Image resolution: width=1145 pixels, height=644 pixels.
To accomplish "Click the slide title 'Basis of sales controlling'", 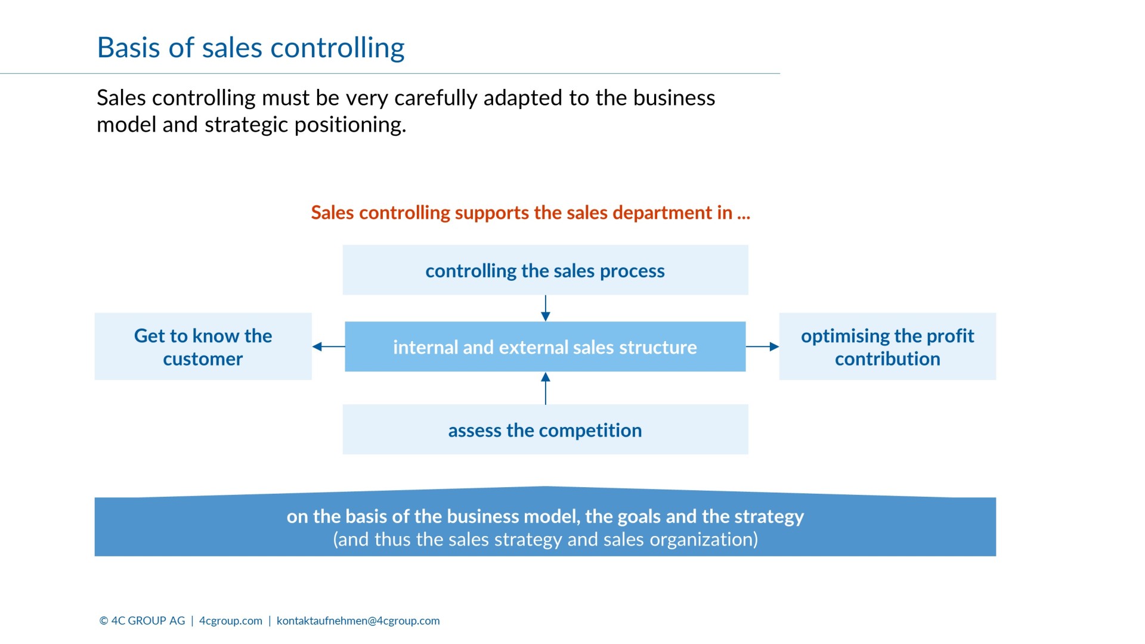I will [250, 48].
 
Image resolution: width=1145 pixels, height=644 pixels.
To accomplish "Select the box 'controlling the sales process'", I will [545, 270].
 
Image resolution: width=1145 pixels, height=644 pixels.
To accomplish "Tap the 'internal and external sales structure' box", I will [545, 347].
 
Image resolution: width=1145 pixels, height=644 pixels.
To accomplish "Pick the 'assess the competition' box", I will [545, 430].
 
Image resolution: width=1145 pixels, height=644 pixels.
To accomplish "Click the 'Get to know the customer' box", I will [203, 347].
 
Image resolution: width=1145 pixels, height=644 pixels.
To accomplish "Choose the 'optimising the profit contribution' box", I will [887, 347].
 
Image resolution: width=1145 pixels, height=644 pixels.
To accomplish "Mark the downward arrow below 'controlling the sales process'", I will [545, 308].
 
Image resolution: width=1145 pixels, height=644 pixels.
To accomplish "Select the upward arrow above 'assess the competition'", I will [545, 388].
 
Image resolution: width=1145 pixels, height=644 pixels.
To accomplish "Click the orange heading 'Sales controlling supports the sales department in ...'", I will [530, 213].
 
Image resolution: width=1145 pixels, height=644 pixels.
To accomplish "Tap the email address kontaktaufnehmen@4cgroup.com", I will [358, 621].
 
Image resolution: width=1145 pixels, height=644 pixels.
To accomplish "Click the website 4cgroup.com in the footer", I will [231, 621].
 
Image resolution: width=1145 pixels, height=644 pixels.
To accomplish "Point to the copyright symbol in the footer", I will [104, 621].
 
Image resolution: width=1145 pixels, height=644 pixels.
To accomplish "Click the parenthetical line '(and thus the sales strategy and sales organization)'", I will [545, 540].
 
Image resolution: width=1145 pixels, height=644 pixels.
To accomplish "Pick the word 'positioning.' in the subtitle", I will [350, 125].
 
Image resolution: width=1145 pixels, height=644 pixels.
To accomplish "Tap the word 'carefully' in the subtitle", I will [435, 98].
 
